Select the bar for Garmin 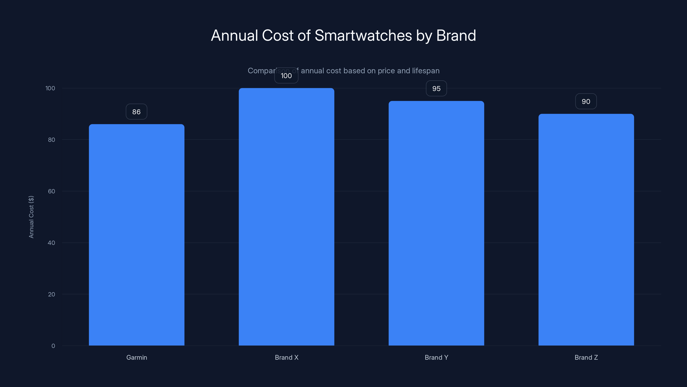(137, 235)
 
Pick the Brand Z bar (586, 229)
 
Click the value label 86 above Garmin (137, 112)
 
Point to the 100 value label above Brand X (286, 76)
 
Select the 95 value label (436, 88)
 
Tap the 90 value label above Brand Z (586, 101)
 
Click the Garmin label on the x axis (137, 357)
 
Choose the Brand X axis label (287, 357)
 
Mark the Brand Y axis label (436, 357)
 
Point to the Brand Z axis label (586, 357)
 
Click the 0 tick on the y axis (53, 346)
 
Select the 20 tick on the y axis (52, 294)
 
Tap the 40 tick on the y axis (52, 243)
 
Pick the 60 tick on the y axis (52, 191)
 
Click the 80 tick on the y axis (52, 140)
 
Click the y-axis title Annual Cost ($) (31, 217)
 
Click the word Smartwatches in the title (363, 35)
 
